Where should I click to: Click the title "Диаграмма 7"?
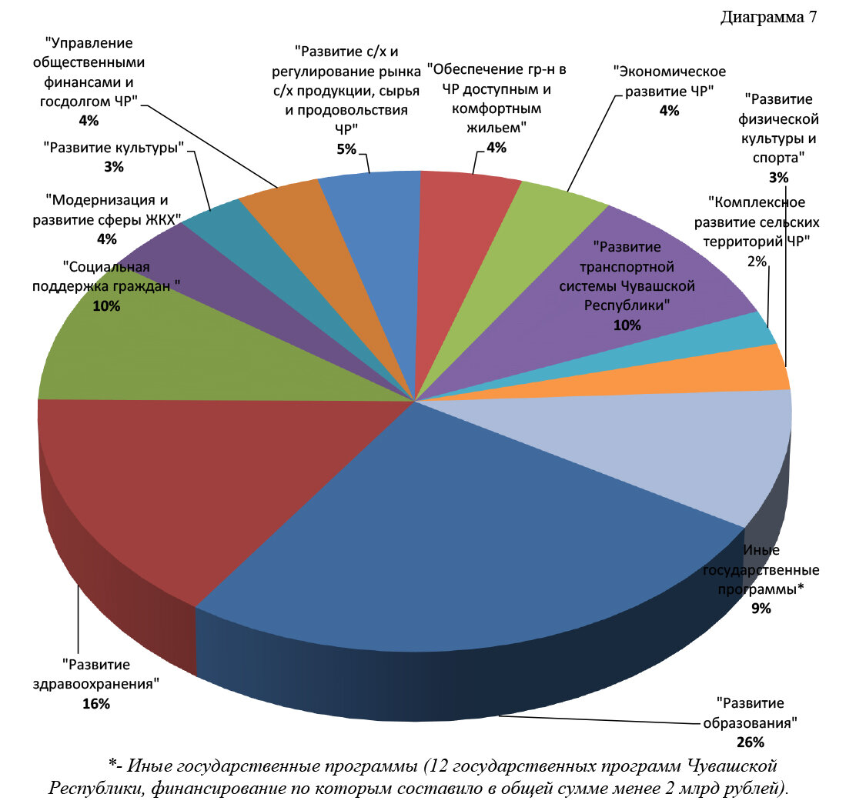point(768,18)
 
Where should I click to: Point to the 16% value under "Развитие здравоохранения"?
point(96,703)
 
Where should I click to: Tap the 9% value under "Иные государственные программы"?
point(761,609)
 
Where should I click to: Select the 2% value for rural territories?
point(757,261)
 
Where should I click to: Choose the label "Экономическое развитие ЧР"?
point(669,81)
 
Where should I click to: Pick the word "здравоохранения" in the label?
point(97,683)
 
